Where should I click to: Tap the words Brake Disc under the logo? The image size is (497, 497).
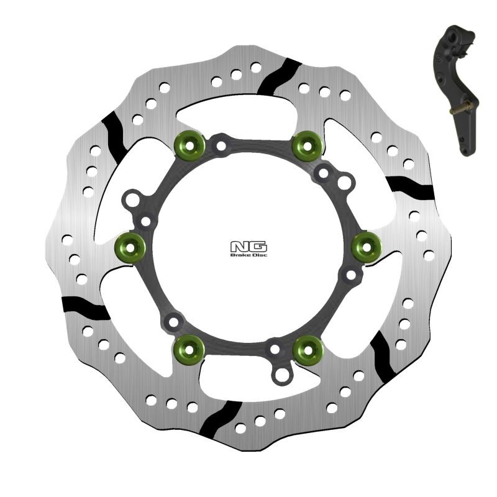[x=248, y=255]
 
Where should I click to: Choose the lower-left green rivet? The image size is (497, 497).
[x=189, y=350]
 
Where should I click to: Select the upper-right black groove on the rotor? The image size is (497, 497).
[x=408, y=185]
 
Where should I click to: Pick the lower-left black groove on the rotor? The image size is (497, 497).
[x=86, y=305]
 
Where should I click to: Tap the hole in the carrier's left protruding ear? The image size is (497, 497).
[x=130, y=201]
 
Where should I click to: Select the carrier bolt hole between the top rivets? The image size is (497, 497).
[x=220, y=147]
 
